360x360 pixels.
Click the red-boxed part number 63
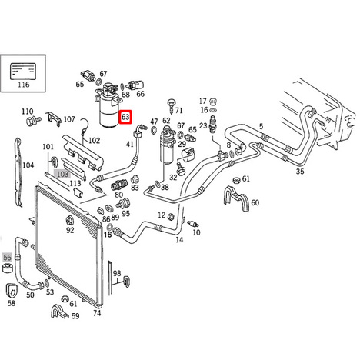(125, 117)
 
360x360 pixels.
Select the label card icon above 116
(23, 71)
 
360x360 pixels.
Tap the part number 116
(24, 85)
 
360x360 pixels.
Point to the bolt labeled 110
(33, 121)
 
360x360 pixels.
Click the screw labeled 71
(172, 105)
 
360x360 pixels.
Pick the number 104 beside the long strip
(28, 165)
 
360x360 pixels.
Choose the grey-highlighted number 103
(62, 175)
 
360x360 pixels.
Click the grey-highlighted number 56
(8, 257)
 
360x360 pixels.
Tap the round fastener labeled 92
(69, 220)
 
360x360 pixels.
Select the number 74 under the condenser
(97, 313)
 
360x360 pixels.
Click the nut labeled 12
(171, 217)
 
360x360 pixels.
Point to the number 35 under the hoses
(300, 171)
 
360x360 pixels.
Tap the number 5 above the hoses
(261, 126)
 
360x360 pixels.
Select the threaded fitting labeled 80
(119, 185)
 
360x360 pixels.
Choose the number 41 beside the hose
(130, 144)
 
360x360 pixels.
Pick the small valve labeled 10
(193, 224)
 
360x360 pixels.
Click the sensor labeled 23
(213, 124)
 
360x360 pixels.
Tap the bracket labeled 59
(59, 311)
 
